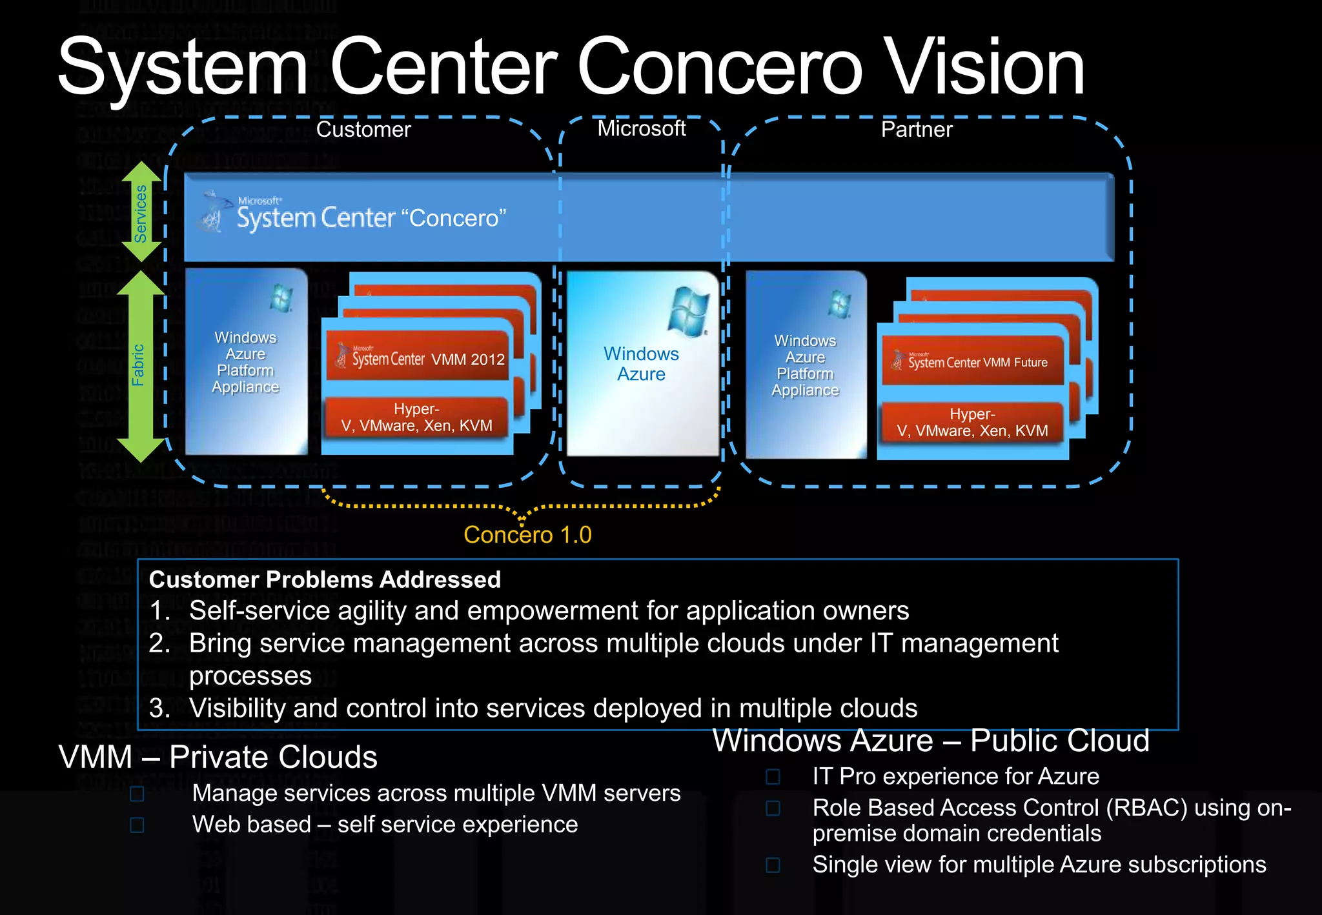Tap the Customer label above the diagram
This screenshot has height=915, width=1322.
363,130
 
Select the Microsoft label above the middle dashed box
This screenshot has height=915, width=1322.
641,128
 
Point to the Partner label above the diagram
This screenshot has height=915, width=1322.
917,130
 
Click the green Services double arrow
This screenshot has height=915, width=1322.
141,212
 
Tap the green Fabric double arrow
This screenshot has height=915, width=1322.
140,366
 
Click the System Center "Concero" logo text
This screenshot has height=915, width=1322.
371,217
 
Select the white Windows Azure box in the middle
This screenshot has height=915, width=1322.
642,364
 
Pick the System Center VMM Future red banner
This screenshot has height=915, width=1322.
973,361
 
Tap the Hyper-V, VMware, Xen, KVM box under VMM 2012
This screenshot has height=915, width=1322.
417,417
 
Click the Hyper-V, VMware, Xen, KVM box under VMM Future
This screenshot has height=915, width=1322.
972,423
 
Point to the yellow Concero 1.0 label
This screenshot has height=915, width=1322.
527,535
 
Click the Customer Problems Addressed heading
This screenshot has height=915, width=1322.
325,579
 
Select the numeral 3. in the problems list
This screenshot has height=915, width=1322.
159,709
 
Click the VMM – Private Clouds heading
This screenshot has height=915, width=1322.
218,757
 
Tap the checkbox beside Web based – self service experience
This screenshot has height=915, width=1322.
137,825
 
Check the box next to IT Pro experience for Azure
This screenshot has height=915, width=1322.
773,776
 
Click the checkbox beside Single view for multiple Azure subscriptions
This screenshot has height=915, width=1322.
773,865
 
